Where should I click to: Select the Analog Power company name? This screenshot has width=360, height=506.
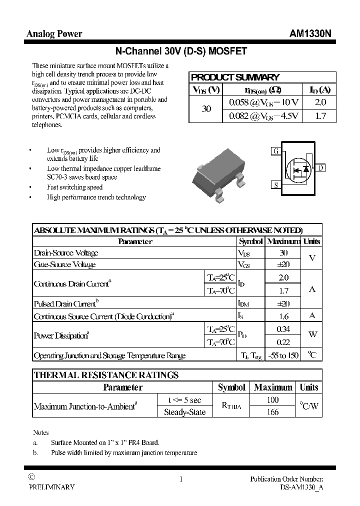click(x=54, y=33)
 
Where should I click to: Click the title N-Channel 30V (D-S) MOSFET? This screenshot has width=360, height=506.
click(x=181, y=51)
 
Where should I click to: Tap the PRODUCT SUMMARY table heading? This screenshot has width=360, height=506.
click(x=235, y=77)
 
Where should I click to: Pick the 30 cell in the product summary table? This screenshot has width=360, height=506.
click(x=206, y=108)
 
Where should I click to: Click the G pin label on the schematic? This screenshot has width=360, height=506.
click(x=275, y=151)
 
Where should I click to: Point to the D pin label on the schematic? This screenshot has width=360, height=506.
click(x=320, y=168)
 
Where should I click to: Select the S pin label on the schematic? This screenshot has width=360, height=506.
click(x=275, y=185)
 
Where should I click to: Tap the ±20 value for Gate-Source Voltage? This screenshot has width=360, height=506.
click(x=283, y=264)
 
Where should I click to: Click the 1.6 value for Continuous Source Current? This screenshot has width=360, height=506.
click(x=283, y=316)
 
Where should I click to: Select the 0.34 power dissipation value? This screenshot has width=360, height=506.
click(x=283, y=329)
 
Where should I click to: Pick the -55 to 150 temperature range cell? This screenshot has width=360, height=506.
click(x=283, y=355)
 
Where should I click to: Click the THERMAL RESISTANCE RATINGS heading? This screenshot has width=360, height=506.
click(x=105, y=375)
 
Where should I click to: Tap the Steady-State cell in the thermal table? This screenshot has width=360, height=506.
click(x=184, y=412)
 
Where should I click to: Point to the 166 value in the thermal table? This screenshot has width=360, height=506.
click(x=273, y=412)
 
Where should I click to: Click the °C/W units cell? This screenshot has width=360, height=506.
click(x=308, y=406)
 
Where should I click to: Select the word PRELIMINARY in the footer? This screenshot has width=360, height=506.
click(x=51, y=487)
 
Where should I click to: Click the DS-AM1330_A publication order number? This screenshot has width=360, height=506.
click(x=301, y=487)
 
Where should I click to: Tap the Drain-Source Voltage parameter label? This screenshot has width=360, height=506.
click(x=66, y=253)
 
